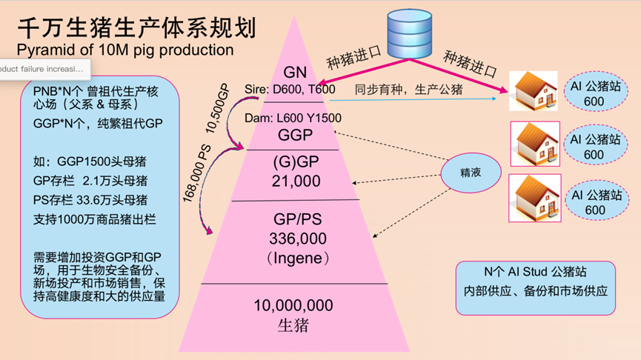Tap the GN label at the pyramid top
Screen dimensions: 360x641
[x=294, y=73]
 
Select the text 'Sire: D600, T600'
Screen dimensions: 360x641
[x=290, y=90]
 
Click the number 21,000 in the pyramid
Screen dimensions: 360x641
[x=296, y=181]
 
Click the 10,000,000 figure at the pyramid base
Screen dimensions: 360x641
[x=293, y=305]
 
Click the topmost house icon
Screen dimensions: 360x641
[x=533, y=90]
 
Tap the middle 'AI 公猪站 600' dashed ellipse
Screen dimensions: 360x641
[x=593, y=146]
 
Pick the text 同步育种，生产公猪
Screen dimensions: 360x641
[x=408, y=90]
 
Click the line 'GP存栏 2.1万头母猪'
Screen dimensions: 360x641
[x=90, y=181]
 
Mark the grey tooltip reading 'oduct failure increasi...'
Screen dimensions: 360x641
[x=44, y=69]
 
